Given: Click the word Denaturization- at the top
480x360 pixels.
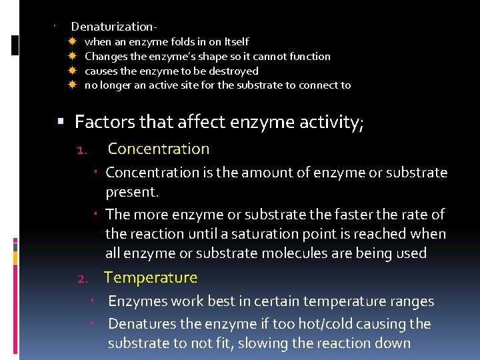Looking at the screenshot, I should pos(114,27).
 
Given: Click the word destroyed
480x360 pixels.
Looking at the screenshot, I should pos(235,71).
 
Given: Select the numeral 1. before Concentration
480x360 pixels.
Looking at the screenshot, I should pos(82,149).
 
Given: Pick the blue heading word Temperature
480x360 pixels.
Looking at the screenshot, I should pos(151,277).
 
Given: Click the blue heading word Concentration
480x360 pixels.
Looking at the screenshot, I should pos(158,149).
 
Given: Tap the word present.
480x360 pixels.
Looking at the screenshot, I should pos(132,193).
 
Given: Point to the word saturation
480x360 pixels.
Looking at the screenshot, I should pos(255,234).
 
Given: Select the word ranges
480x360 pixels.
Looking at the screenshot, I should pos(409,301).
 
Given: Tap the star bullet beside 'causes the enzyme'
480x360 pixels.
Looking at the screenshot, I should pos(73,71).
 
